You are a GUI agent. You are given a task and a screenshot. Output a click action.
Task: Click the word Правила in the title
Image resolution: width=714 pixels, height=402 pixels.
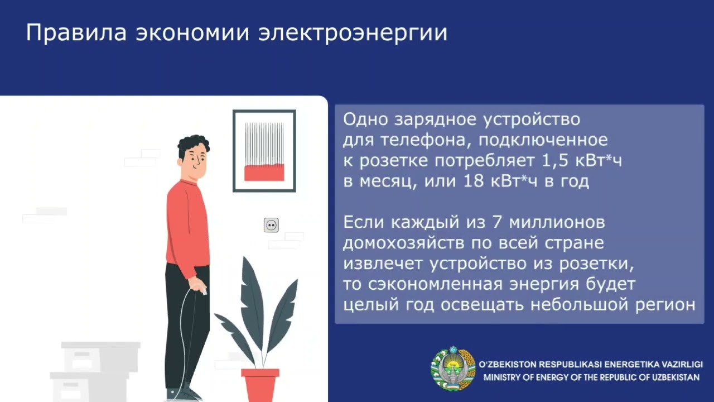[x=76, y=32]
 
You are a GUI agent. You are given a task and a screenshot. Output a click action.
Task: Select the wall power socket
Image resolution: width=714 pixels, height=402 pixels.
[x=271, y=225]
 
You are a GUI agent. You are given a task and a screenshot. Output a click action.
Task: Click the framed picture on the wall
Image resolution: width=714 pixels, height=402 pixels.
[x=264, y=151]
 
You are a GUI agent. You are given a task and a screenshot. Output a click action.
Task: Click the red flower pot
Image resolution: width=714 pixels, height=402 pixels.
[x=260, y=385]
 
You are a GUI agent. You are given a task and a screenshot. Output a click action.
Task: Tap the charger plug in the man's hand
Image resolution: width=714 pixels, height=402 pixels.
[x=203, y=291]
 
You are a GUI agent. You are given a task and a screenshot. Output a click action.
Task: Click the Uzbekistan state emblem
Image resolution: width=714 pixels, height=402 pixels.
[x=453, y=368]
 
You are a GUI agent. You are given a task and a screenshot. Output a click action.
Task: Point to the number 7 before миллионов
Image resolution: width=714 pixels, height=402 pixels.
[x=497, y=222]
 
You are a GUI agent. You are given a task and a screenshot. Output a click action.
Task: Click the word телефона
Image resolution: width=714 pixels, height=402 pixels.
[x=426, y=140]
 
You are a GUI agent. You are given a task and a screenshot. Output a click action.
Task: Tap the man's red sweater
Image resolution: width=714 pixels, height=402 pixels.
[x=188, y=227]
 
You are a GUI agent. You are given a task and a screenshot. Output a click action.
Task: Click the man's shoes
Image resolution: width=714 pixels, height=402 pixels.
[x=184, y=394]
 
